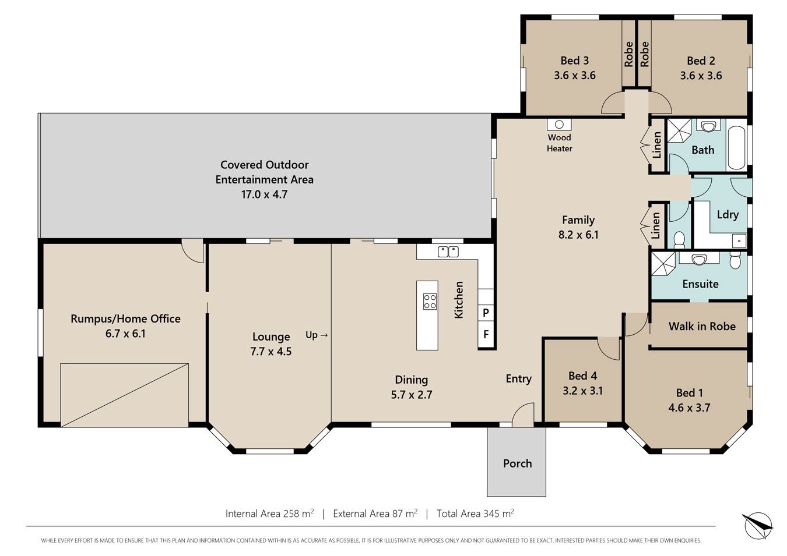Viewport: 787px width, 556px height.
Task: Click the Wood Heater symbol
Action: pos(559,125)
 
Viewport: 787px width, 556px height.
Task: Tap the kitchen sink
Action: pos(448,252)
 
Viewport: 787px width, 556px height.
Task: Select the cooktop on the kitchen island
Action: pos(430,302)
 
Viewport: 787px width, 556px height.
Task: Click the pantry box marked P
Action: pos(486,312)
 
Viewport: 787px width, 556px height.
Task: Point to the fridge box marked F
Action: pos(486,334)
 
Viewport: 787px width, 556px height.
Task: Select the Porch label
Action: pos(517,463)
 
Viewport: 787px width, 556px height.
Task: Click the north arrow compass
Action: pos(758,526)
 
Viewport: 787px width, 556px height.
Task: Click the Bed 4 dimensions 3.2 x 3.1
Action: pos(582,391)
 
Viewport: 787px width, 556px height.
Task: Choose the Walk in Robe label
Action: pos(702,326)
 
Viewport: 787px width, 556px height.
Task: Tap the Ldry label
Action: pos(728,214)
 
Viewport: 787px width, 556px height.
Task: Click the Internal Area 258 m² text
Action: pos(269,513)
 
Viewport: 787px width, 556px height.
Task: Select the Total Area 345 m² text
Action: pos(475,513)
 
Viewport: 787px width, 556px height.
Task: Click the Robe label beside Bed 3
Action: pos(628,54)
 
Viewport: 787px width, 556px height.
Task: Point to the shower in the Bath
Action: pos(679,130)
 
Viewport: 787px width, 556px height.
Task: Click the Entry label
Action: pos(519,379)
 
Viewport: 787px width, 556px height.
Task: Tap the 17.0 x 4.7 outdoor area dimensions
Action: pos(264,194)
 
